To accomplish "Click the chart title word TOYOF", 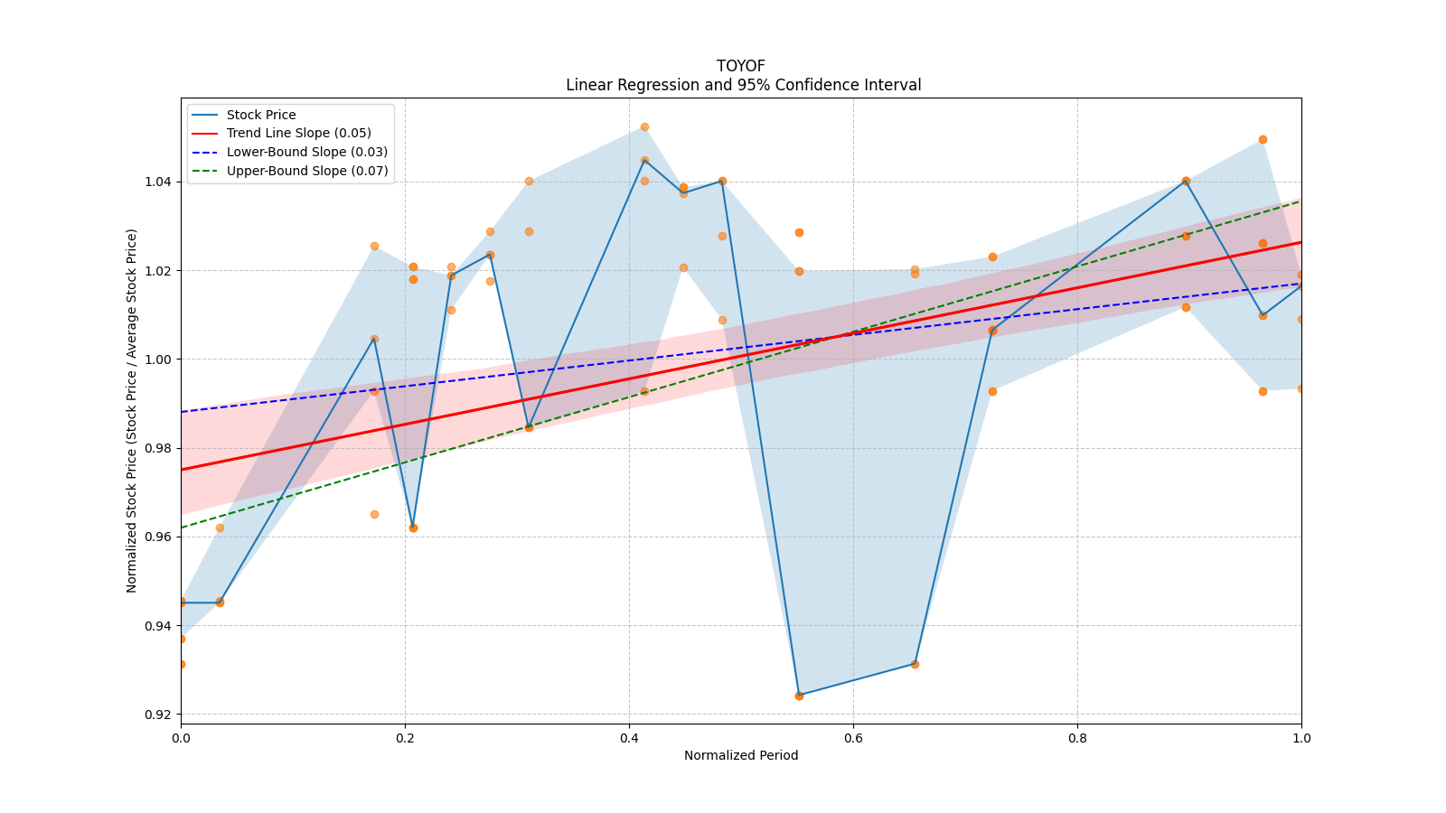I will coord(740,66).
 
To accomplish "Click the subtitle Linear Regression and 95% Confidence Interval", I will coord(743,85).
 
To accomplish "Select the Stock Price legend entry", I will coord(261,115).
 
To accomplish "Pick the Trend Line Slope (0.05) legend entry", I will coord(298,133).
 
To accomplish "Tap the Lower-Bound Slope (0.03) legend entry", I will coord(306,152).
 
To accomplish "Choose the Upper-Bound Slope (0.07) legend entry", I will coord(306,171).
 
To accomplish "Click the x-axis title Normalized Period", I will coord(740,755).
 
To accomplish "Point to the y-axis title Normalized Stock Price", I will coord(132,410).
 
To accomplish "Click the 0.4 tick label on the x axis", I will coord(629,738).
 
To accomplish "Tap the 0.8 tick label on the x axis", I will coord(1077,738).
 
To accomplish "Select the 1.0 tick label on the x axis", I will coord(1300,738).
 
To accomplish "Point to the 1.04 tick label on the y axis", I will coord(158,182).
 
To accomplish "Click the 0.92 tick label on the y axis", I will coord(158,715).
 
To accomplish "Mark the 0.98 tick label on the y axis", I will coord(158,448).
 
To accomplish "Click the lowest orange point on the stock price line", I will coord(799,696).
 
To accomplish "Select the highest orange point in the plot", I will coord(644,126).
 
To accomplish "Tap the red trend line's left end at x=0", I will coord(182,470).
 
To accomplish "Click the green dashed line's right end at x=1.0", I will coord(1300,201).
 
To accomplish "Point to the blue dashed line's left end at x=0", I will coord(182,412).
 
